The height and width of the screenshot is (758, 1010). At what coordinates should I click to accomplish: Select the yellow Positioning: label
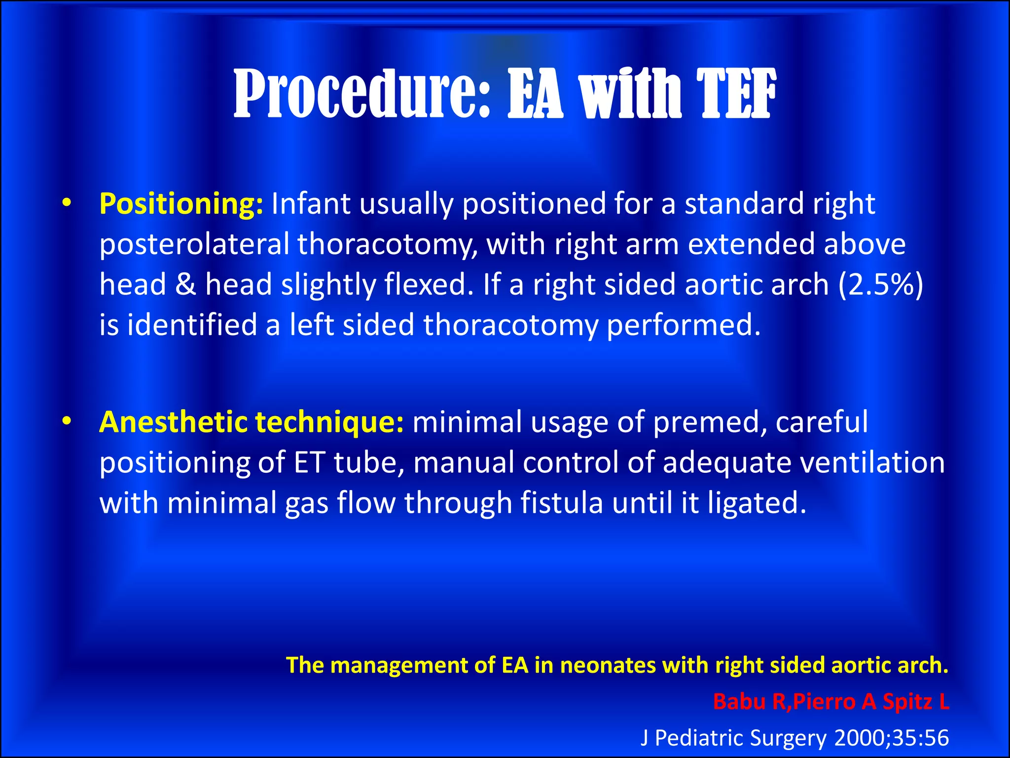point(181,203)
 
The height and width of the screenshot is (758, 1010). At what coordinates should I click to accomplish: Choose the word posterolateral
point(194,245)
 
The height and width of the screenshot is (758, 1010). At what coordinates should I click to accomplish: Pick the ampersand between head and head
point(185,285)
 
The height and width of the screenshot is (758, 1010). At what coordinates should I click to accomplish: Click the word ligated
point(757,503)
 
